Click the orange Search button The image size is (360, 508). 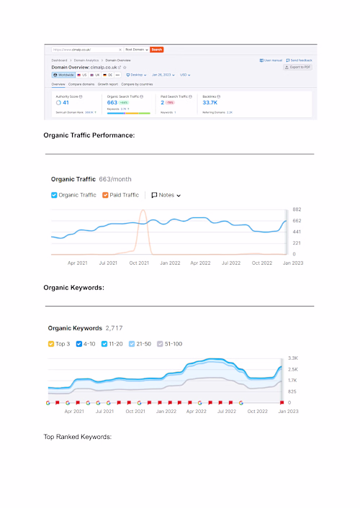pyautogui.click(x=157, y=50)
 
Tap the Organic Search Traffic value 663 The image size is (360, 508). pyautogui.click(x=112, y=103)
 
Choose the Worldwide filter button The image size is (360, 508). pyautogui.click(x=63, y=74)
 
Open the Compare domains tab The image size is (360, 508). pyautogui.click(x=81, y=84)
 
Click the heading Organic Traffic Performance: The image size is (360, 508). pyautogui.click(x=89, y=135)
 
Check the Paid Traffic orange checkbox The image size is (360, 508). pyautogui.click(x=105, y=195)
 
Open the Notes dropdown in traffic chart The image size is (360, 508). pyautogui.click(x=166, y=195)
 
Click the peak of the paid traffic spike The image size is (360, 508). pyautogui.click(x=143, y=211)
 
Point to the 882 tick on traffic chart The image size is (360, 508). pyautogui.click(x=296, y=209)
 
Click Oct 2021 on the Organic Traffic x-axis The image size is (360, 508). pyautogui.click(x=138, y=263)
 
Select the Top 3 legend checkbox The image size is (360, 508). pyautogui.click(x=52, y=344)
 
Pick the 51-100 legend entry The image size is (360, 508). pyautogui.click(x=161, y=344)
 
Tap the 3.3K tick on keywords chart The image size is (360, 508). pyautogui.click(x=293, y=358)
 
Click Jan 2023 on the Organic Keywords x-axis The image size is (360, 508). pyautogui.click(x=288, y=411)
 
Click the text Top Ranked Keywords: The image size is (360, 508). pyautogui.click(x=78, y=437)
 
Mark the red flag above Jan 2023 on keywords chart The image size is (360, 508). pyautogui.click(x=282, y=403)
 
